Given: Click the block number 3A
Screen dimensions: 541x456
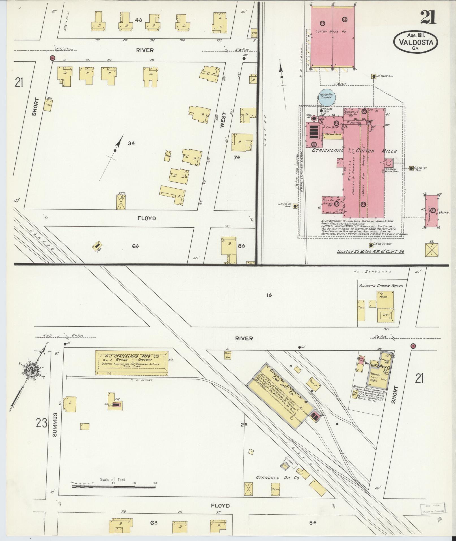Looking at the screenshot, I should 131,143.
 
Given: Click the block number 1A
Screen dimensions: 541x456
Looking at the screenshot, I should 269,296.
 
